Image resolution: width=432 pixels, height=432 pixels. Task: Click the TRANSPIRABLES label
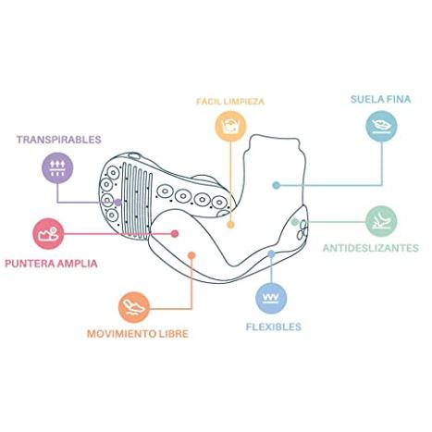coord(59,140)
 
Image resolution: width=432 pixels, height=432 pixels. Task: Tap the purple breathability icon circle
coord(57,167)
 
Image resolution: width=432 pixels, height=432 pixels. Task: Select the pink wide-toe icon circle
coord(48,234)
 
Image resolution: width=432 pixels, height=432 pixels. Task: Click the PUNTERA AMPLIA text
coord(51,264)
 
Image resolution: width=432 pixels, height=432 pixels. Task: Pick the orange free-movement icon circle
coord(134,307)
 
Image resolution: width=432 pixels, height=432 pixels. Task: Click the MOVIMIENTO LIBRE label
coord(138,334)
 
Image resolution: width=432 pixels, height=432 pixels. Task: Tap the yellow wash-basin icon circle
coord(230,126)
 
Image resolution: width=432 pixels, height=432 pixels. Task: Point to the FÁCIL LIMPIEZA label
coord(230,101)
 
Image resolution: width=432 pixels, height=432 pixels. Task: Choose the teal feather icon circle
coord(381,126)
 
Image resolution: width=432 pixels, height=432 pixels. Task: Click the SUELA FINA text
coord(381,99)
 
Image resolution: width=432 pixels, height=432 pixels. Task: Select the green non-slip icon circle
coord(381,221)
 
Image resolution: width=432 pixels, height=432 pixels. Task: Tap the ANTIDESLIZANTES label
coord(371,248)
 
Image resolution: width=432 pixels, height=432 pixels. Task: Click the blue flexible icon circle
coord(271,298)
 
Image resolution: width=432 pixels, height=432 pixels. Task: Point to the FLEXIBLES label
coord(274,327)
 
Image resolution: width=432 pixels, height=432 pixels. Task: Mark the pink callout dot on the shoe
coord(175,234)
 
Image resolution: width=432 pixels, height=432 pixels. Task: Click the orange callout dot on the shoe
coord(191,255)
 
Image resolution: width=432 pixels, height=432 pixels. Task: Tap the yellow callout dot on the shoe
coord(230,225)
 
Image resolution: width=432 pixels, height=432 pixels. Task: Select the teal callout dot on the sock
coord(277,185)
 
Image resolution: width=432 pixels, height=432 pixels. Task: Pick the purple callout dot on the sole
coord(117,203)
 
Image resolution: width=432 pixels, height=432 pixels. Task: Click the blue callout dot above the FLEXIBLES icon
coord(271,254)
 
